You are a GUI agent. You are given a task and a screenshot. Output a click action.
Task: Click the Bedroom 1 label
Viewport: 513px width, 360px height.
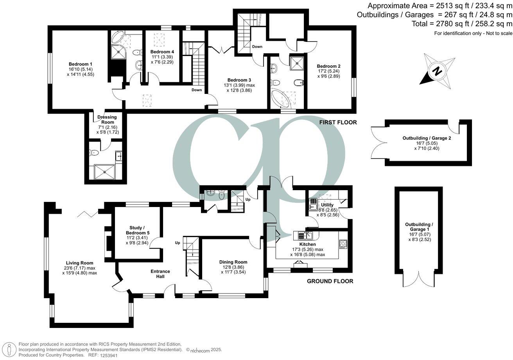click(81, 64)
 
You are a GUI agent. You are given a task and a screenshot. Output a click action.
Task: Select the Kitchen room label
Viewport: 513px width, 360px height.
click(307, 244)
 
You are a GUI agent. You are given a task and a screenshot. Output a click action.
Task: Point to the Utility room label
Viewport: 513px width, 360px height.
click(327, 205)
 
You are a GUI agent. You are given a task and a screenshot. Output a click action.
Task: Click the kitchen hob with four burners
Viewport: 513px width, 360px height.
click(343, 244)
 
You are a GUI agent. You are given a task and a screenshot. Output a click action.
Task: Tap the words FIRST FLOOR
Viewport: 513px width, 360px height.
click(338, 122)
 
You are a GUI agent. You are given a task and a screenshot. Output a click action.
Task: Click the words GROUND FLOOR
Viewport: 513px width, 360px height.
click(330, 281)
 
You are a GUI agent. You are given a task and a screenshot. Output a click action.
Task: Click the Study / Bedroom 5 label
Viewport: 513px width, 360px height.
click(137, 230)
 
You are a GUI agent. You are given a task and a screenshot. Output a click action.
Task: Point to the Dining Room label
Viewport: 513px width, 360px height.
click(233, 262)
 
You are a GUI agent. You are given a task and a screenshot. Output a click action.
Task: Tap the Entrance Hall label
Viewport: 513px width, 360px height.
click(160, 274)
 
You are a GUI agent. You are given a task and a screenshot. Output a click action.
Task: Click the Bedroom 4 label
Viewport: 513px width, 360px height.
click(162, 52)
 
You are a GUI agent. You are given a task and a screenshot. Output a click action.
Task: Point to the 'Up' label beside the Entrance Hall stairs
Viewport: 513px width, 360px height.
click(177, 243)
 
